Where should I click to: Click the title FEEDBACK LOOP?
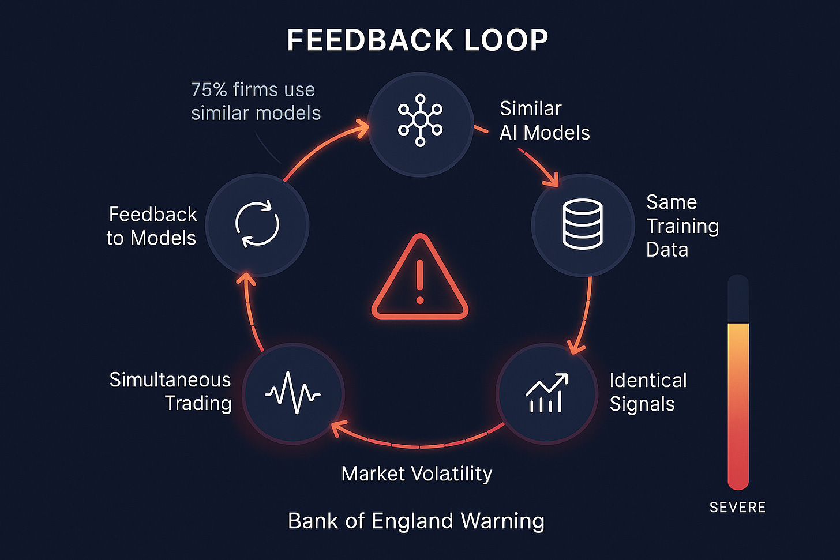pyautogui.click(x=417, y=40)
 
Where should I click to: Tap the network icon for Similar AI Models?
pyautogui.click(x=420, y=119)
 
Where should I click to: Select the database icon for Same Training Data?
pyautogui.click(x=583, y=224)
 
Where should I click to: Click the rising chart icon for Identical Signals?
pyautogui.click(x=546, y=393)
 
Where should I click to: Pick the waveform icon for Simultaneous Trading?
pyautogui.click(x=293, y=394)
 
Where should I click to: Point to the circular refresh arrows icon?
pyautogui.click(x=257, y=224)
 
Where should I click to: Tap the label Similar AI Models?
pyautogui.click(x=544, y=121)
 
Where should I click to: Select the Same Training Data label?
pyautogui.click(x=682, y=225)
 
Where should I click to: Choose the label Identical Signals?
pyautogui.click(x=647, y=392)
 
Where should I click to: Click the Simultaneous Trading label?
pyautogui.click(x=171, y=392)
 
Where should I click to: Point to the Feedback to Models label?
pyautogui.click(x=152, y=226)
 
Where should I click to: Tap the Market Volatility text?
pyautogui.click(x=417, y=473)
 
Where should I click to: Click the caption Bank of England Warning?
pyautogui.click(x=416, y=521)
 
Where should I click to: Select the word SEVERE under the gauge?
pyautogui.click(x=737, y=508)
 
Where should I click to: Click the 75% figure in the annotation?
pyautogui.click(x=209, y=90)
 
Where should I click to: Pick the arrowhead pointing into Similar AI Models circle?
pyautogui.click(x=362, y=128)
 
